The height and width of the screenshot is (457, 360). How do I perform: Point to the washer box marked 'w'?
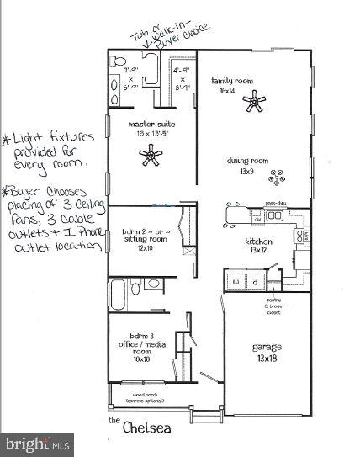click(236, 281)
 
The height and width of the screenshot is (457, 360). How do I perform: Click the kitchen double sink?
click(273, 216)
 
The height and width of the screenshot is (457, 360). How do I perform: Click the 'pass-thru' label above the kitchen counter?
click(277, 203)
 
